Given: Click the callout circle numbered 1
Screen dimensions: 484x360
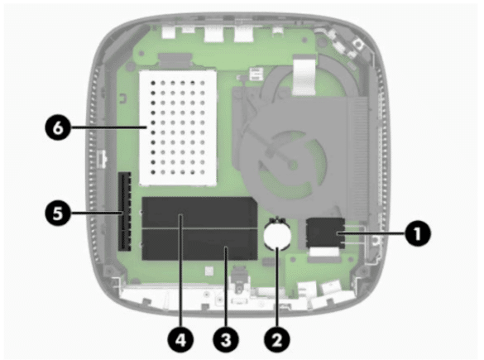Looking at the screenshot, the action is click(417, 233).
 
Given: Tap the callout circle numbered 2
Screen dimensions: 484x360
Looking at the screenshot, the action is click(277, 339).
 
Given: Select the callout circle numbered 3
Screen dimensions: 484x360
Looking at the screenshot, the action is click(226, 339).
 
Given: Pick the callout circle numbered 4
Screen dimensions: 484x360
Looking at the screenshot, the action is click(181, 339).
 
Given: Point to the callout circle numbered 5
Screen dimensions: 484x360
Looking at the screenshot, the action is click(58, 213).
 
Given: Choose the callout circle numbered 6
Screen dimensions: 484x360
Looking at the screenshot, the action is click(58, 127).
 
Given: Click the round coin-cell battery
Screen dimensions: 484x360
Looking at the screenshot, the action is click(277, 235).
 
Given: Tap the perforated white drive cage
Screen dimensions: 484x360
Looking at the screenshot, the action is click(178, 128).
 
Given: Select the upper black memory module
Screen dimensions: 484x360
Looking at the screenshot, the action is click(199, 213).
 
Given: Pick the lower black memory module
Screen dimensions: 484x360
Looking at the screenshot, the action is click(199, 244).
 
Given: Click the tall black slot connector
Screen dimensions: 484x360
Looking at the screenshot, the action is click(124, 212).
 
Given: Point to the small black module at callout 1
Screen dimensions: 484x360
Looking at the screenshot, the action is click(325, 233).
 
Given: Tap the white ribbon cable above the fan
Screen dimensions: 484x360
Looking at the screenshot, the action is click(304, 75).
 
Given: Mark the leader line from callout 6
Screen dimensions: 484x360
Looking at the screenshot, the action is click(108, 127).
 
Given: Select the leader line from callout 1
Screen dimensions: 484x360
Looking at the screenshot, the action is click(371, 233).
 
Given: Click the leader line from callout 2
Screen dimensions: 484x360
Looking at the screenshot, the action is click(277, 287).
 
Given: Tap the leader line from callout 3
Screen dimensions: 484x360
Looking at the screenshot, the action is click(226, 287).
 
